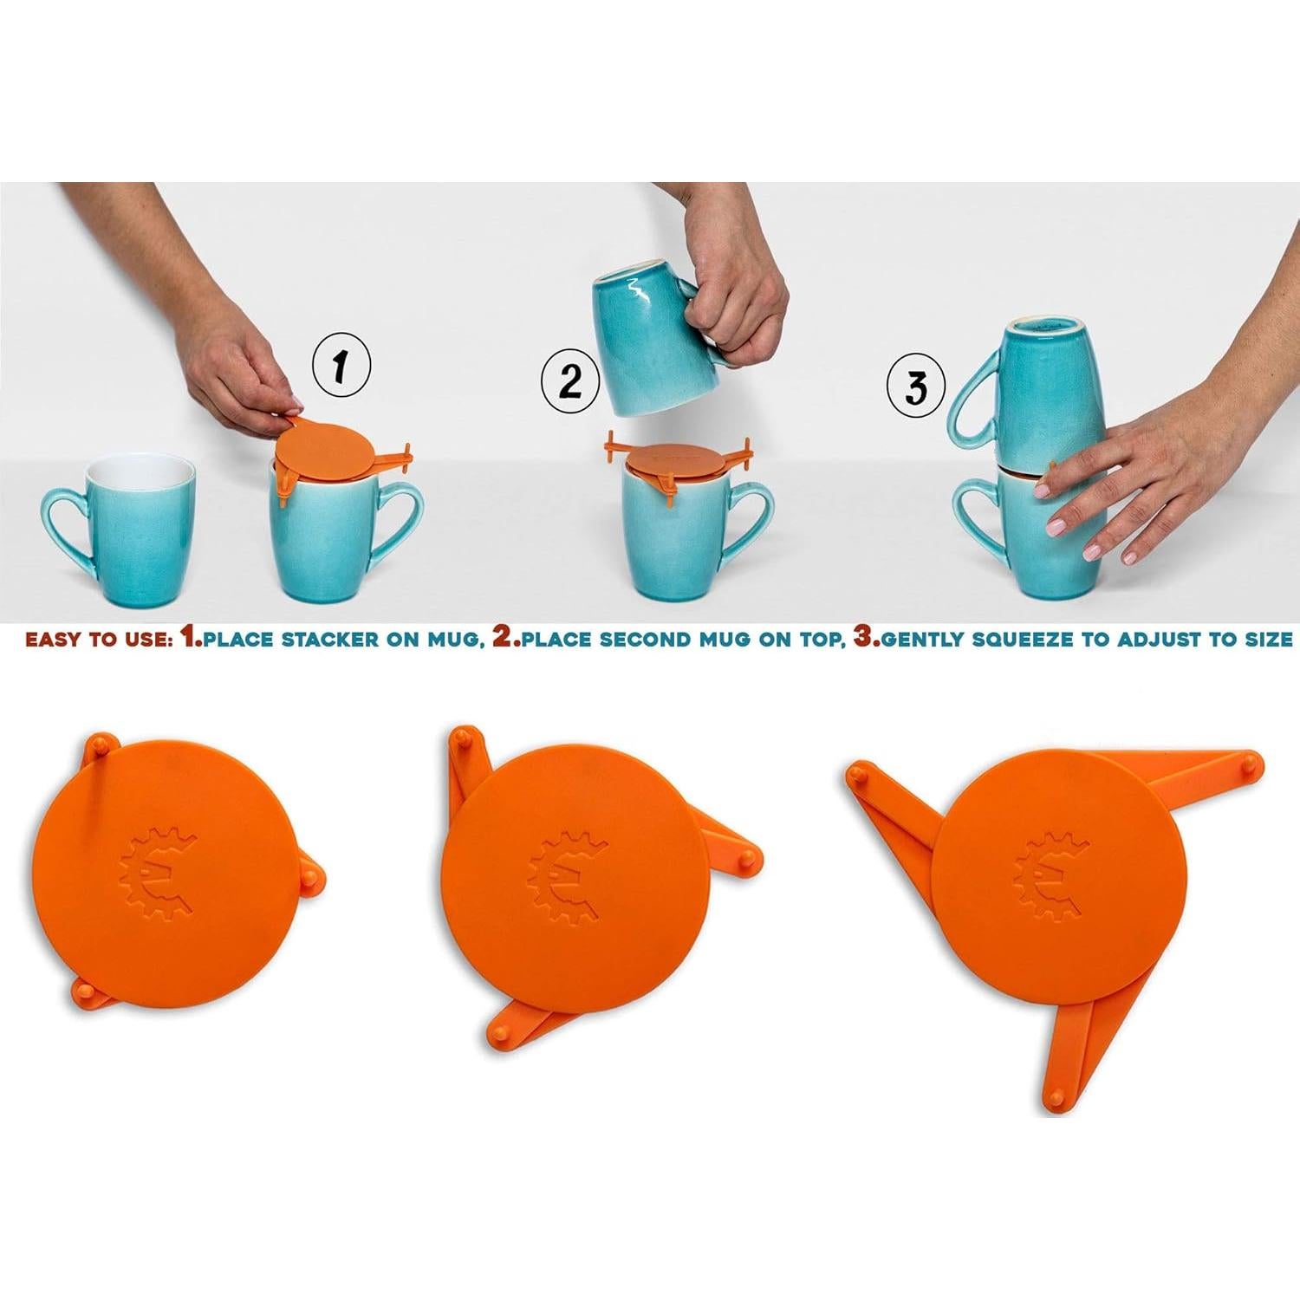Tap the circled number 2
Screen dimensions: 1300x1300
tap(570, 381)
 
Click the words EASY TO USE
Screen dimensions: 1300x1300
tap(96, 640)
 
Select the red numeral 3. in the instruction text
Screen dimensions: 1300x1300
tap(866, 639)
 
